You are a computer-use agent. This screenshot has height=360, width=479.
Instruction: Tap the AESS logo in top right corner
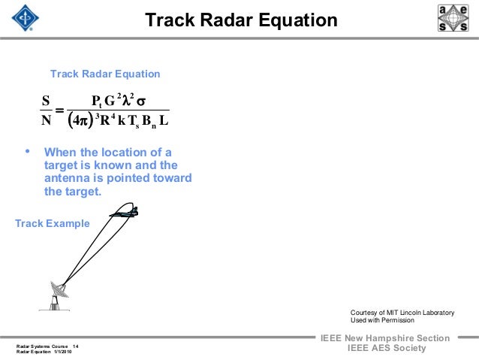(453, 18)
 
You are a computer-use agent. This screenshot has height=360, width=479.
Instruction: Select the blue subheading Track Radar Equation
(104, 74)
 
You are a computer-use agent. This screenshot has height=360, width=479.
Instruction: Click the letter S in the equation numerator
(46, 101)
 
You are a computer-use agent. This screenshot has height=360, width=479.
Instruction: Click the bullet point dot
(28, 152)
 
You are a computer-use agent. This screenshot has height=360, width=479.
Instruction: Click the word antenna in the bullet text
(68, 178)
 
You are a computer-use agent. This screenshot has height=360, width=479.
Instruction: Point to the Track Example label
(53, 223)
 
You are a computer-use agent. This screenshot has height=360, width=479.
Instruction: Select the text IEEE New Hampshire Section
(384, 338)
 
